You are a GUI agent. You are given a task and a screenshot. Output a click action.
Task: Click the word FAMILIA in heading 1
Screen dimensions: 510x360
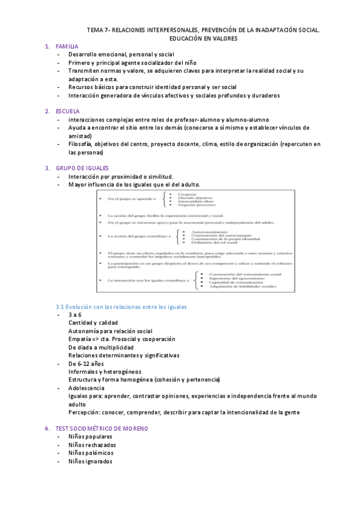pyautogui.click(x=67, y=46)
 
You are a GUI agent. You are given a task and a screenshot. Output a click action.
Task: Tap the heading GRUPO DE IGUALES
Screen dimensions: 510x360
pyautogui.click(x=82, y=168)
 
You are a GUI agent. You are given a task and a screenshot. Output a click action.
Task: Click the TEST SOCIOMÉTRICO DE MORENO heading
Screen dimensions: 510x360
pyautogui.click(x=102, y=428)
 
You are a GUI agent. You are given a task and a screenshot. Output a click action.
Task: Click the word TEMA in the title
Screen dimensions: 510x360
pyautogui.click(x=95, y=29)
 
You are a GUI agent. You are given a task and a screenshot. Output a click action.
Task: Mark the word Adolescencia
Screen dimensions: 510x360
pyautogui.click(x=86, y=388)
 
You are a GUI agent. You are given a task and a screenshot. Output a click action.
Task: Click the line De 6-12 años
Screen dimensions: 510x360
pyautogui.click(x=86, y=364)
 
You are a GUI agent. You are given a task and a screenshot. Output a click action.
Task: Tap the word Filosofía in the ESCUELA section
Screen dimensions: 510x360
pyautogui.click(x=80, y=144)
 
